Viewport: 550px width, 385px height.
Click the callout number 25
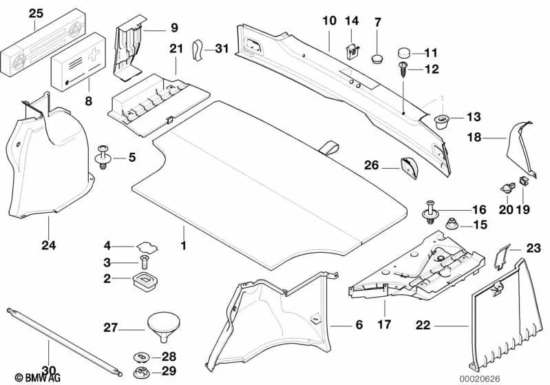pos(35,12)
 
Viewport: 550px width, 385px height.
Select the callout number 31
pos(220,48)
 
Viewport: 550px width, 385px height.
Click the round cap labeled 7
pos(377,54)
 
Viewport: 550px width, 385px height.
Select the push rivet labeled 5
pos(105,156)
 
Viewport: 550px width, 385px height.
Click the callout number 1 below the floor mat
pos(183,247)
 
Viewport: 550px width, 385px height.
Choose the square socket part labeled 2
pos(142,281)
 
